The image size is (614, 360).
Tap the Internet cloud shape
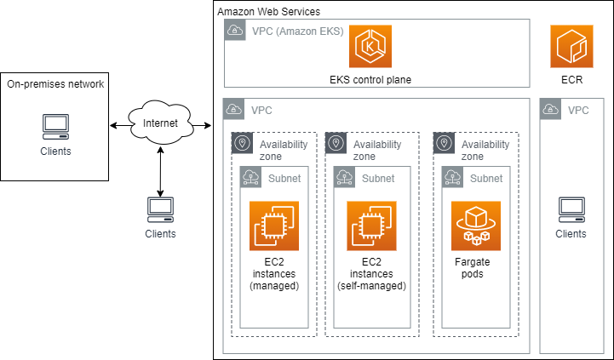click(160, 124)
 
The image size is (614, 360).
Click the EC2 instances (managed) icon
click(273, 226)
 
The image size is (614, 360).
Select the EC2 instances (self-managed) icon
click(370, 226)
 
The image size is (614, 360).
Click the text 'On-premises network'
click(55, 84)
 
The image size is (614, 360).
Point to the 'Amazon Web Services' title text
click(269, 12)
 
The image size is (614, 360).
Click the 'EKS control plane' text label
click(370, 80)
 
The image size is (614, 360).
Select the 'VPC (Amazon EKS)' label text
click(296, 31)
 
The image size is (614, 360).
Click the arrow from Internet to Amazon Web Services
click(201, 127)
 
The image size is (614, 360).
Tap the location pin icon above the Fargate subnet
click(445, 143)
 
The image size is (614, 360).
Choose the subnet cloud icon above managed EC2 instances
click(251, 177)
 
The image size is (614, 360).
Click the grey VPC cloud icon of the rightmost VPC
click(550, 109)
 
